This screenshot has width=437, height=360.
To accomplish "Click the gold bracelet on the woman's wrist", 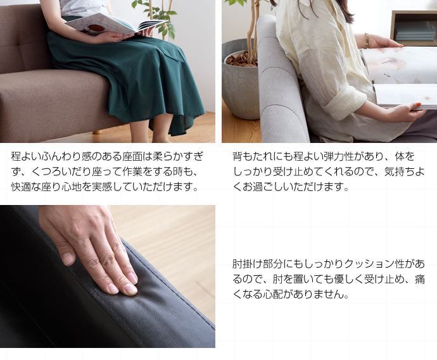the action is (366, 40).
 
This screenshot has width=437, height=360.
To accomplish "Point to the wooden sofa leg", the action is (98, 130).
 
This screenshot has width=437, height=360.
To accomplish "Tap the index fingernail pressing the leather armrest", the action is (130, 290).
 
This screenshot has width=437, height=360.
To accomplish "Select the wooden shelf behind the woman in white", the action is (414, 27).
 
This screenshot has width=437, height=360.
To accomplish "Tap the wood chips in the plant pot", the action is (241, 58).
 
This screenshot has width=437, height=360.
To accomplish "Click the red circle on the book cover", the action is (95, 28).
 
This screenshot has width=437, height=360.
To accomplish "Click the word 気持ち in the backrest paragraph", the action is (400, 171).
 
